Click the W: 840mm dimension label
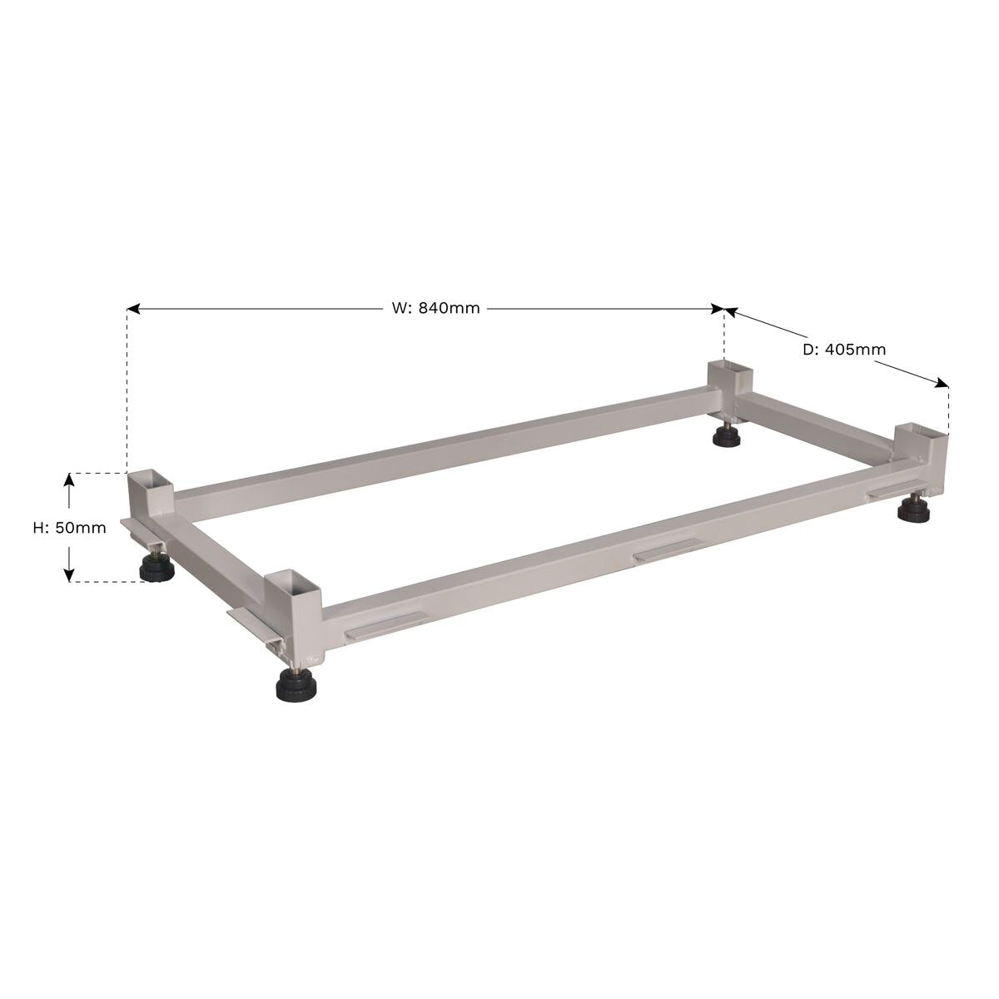(435, 308)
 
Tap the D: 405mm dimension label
(843, 350)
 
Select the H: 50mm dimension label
(69, 527)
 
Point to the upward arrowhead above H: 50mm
(70, 479)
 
